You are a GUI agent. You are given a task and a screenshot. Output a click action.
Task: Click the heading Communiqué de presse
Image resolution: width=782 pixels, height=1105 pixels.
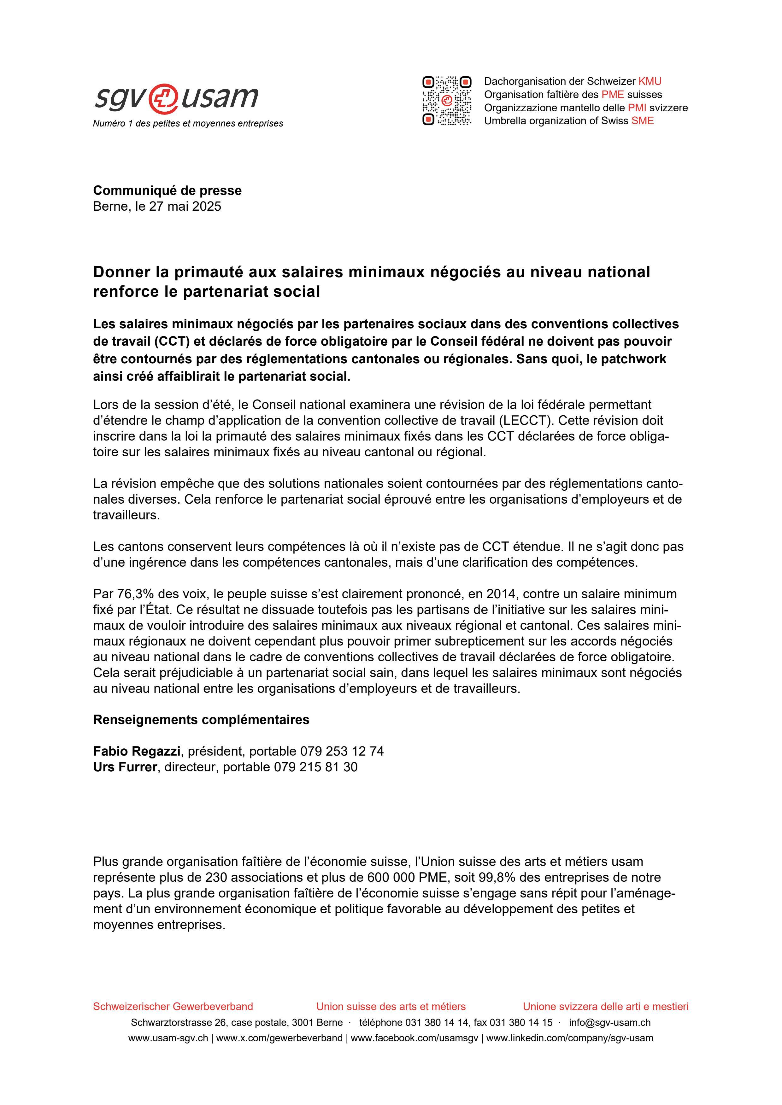pyautogui.click(x=167, y=190)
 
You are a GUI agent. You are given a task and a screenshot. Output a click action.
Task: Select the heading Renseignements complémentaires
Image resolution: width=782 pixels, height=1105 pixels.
pyautogui.click(x=201, y=720)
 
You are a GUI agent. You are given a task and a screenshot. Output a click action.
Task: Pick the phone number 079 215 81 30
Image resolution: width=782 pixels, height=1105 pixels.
pyautogui.click(x=315, y=767)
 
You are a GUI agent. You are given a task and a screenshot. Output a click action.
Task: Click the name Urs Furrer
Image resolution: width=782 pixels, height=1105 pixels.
pyautogui.click(x=125, y=767)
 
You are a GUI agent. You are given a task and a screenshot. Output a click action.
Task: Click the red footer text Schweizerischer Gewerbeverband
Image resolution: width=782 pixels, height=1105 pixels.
pyautogui.click(x=173, y=1006)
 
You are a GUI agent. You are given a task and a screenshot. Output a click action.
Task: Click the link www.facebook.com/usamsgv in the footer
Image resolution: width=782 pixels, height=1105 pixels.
pyautogui.click(x=414, y=1038)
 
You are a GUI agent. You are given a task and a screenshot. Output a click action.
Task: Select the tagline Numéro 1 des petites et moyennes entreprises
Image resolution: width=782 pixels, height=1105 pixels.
pyautogui.click(x=188, y=124)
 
